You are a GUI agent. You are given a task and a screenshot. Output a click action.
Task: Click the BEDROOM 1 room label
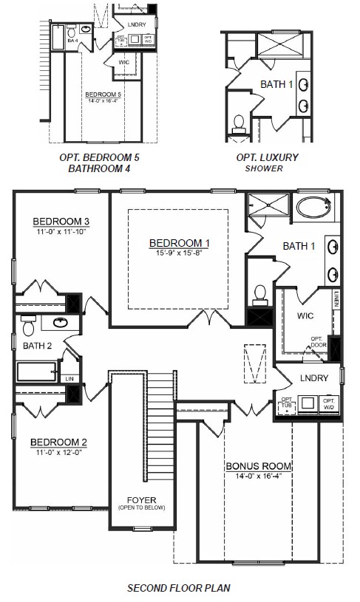point(180,243)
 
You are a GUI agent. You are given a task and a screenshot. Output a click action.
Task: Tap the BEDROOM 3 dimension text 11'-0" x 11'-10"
point(61,232)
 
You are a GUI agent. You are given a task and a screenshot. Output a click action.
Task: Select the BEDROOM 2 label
point(58,442)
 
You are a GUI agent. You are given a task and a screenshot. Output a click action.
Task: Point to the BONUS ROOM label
point(257,466)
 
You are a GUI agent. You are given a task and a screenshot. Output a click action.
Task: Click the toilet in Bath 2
point(28,325)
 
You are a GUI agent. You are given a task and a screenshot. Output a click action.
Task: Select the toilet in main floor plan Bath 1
point(259,294)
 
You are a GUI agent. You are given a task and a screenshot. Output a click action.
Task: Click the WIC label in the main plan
point(305,315)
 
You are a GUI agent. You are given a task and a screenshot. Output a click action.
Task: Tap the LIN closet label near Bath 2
point(70,378)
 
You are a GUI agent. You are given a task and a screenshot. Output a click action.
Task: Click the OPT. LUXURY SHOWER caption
point(267,162)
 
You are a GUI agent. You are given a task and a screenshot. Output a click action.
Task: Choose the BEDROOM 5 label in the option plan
point(102,95)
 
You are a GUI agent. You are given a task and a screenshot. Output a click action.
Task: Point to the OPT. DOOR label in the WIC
point(319,342)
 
